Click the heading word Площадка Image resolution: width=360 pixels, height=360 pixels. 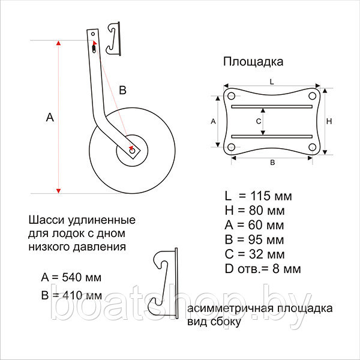tap(253, 62)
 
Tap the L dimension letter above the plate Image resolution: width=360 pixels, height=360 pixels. tap(272, 82)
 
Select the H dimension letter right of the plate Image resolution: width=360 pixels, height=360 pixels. tap(329, 121)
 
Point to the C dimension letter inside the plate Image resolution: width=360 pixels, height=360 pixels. tap(259, 121)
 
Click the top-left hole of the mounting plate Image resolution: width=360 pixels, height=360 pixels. tap(231, 96)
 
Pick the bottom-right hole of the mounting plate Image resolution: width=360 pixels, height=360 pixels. tap(312, 147)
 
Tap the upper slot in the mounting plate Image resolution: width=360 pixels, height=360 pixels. tap(272, 107)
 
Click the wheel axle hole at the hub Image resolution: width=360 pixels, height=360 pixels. tap(132, 151)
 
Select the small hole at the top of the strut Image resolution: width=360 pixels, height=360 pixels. tap(93, 34)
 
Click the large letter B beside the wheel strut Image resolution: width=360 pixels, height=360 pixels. tap(123, 90)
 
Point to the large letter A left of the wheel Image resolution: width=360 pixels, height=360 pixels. tap(50, 117)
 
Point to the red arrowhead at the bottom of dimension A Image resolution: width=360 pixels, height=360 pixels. tap(59, 191)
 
